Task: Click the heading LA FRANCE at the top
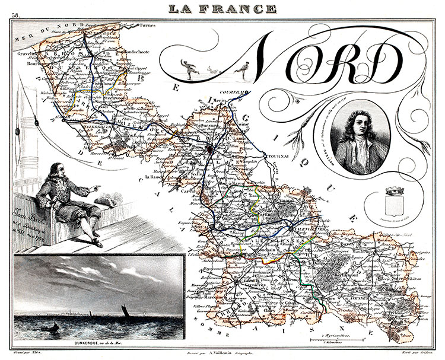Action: (222, 8)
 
